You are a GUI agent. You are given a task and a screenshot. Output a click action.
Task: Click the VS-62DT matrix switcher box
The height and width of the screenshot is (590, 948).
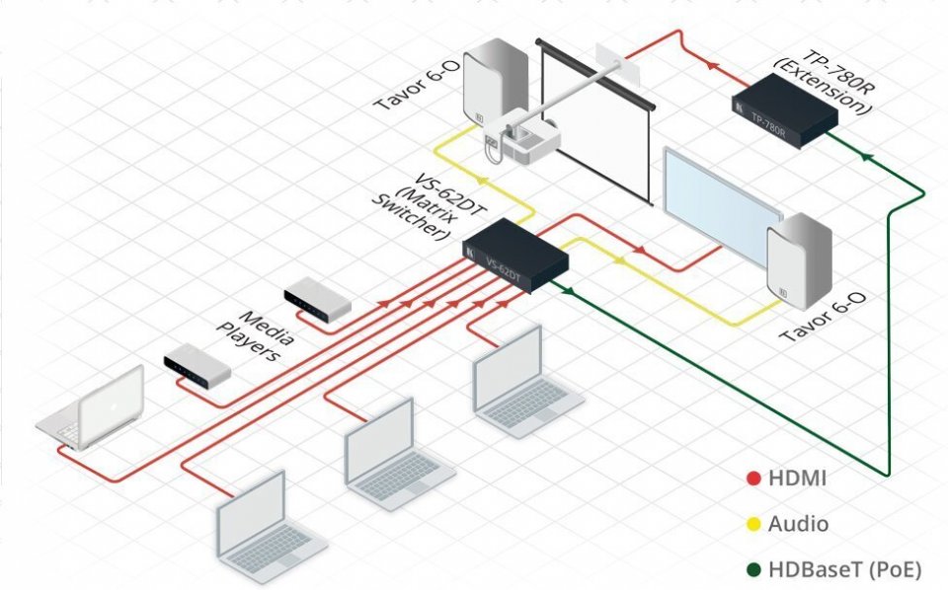pyautogui.click(x=515, y=257)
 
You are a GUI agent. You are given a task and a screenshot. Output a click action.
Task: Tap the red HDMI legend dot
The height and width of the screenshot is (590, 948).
pyautogui.click(x=753, y=479)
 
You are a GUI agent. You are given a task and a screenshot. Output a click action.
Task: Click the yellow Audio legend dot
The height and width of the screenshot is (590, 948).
pyautogui.click(x=753, y=525)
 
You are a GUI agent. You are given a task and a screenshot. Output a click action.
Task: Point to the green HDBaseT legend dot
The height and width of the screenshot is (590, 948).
pyautogui.click(x=753, y=570)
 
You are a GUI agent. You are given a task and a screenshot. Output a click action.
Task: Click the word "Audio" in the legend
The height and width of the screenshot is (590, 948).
pyautogui.click(x=798, y=525)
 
